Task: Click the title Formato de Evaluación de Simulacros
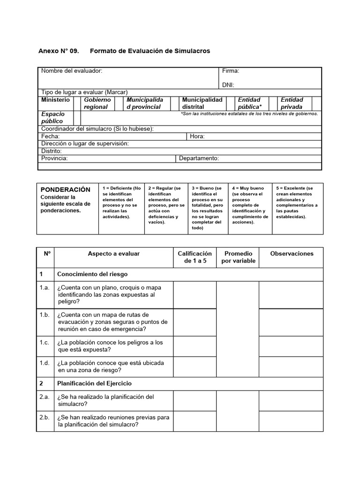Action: [x=150, y=51]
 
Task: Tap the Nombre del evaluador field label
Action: [x=72, y=71]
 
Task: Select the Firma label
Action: [x=231, y=71]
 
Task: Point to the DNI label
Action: [x=228, y=85]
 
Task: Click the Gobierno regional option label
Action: [x=97, y=103]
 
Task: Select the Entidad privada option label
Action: [x=292, y=103]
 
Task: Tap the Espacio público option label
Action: [x=53, y=117]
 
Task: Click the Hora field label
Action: [x=197, y=136]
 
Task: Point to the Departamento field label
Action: [x=199, y=158]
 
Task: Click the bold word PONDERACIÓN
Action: [x=66, y=189]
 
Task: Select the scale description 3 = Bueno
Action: [x=206, y=208]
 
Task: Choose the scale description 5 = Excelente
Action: [x=297, y=202]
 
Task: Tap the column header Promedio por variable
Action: [x=239, y=257]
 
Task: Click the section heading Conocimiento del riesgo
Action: [x=92, y=274]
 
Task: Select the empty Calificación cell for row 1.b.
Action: [x=195, y=322]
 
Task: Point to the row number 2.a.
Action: [x=45, y=397]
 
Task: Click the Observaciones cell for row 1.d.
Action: [x=291, y=367]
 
